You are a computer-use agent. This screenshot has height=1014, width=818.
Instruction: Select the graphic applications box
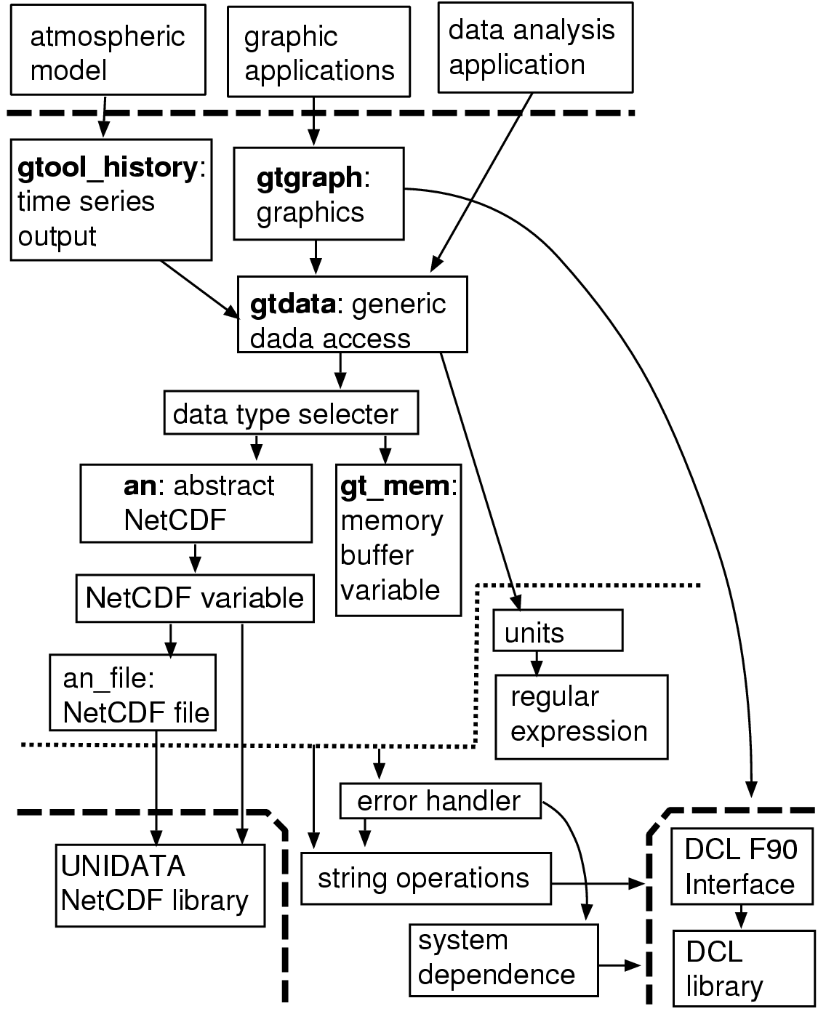[318, 52]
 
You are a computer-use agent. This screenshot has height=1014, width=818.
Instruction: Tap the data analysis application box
[534, 47]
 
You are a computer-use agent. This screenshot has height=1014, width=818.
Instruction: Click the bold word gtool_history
[106, 168]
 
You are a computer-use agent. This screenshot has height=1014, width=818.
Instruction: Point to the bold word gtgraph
[309, 177]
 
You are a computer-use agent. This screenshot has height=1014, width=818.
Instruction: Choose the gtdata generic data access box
[352, 314]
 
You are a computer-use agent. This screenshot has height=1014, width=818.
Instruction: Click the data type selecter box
[291, 414]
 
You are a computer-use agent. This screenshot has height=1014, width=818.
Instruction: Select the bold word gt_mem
[395, 486]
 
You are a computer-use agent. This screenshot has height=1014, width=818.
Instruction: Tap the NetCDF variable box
[195, 598]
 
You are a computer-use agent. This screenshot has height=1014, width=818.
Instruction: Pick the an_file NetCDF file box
[133, 692]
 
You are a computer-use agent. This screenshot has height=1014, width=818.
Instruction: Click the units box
[558, 630]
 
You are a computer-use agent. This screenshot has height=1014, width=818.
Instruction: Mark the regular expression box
[581, 717]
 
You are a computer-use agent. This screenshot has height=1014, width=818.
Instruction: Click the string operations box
[426, 879]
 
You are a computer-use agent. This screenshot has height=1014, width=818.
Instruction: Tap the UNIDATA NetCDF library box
[160, 885]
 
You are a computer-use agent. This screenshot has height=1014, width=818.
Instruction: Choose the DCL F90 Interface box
[741, 866]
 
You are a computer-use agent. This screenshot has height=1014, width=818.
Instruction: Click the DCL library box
[742, 968]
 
